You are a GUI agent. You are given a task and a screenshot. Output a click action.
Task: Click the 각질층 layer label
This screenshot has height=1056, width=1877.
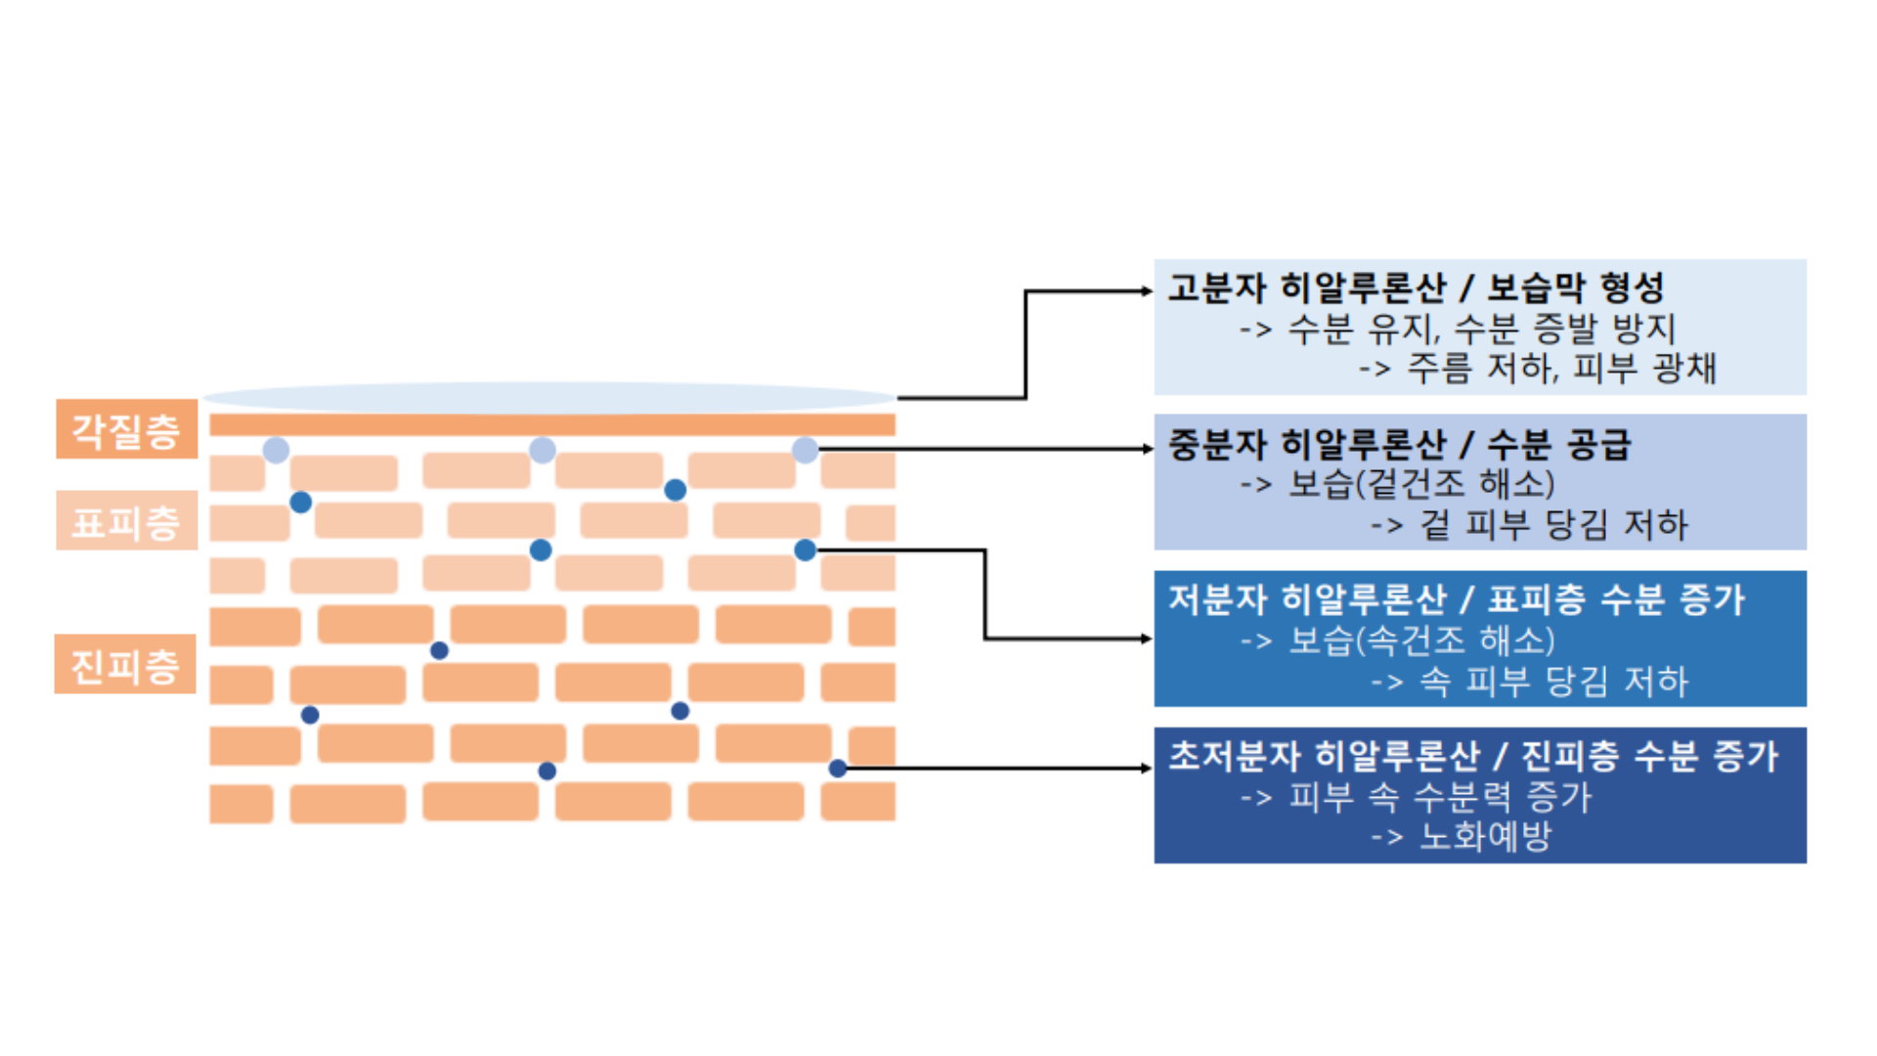tap(126, 429)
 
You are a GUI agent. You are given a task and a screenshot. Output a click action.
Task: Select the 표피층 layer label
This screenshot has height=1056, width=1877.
tap(126, 521)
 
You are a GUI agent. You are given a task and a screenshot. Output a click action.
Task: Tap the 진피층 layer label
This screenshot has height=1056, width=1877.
tap(125, 665)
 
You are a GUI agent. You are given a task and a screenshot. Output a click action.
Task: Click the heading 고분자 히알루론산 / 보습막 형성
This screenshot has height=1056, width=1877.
tap(1416, 287)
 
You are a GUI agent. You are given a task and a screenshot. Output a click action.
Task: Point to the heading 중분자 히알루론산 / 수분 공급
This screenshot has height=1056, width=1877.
tap(1399, 445)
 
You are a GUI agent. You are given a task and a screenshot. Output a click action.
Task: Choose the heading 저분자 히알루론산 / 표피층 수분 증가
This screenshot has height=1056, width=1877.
tap(1456, 599)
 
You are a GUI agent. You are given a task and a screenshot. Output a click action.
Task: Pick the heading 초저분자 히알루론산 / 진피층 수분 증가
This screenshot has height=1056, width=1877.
tap(1472, 755)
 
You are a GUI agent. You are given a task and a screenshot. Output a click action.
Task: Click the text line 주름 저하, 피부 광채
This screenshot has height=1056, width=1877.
tap(1561, 369)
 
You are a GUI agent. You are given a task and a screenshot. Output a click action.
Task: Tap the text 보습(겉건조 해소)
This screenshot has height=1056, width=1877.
tap(1421, 484)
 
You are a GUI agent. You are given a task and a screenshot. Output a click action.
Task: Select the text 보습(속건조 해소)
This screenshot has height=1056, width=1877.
tap(1421, 640)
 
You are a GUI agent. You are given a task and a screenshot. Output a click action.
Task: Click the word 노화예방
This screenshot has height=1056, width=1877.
tap(1485, 837)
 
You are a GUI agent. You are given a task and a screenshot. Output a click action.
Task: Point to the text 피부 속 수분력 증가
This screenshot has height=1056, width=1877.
tap(1440, 797)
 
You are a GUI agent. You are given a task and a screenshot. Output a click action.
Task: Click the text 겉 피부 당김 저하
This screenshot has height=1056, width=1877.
tap(1553, 525)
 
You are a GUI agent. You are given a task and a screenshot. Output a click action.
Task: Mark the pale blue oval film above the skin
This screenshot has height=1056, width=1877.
tap(549, 397)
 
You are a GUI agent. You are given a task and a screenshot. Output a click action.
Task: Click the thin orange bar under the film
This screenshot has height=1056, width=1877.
tap(552, 424)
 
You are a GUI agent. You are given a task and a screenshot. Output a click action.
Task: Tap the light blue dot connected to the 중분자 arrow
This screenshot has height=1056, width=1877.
tap(805, 450)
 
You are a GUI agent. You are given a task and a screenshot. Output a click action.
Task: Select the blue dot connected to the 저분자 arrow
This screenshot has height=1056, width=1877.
tap(805, 550)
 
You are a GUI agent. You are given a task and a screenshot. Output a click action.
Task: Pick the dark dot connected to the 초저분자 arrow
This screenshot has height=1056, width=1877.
tap(838, 769)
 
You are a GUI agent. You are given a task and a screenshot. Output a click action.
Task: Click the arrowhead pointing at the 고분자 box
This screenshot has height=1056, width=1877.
tap(1148, 290)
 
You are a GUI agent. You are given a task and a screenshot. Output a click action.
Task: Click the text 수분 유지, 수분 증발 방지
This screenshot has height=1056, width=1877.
tap(1481, 329)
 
